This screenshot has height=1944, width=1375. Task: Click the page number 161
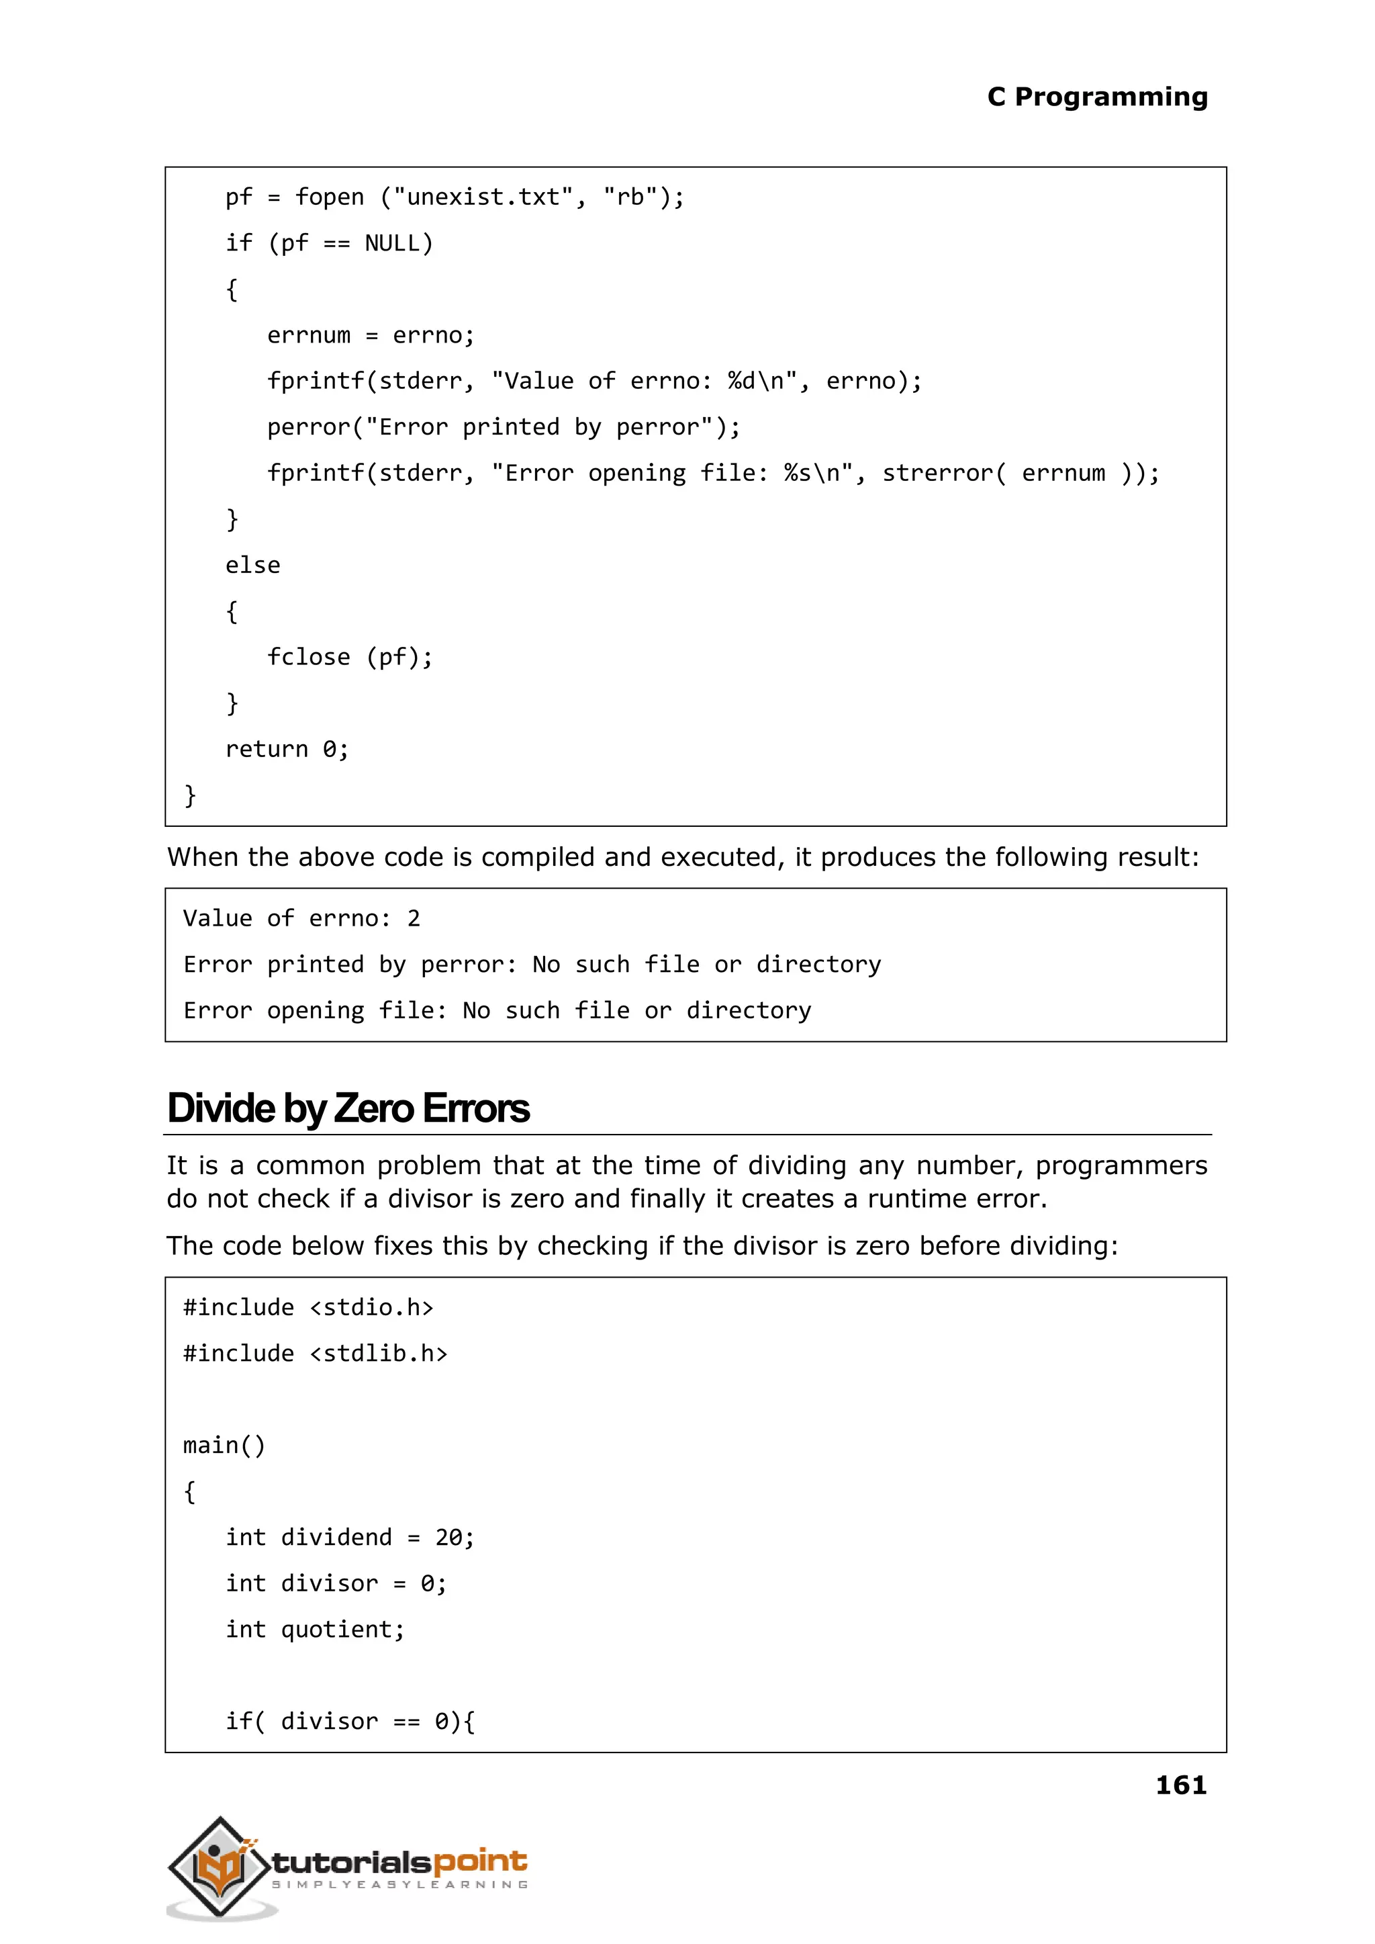point(1180,1785)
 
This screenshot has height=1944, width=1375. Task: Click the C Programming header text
point(1097,97)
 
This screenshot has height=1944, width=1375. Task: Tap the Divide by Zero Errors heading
point(348,1109)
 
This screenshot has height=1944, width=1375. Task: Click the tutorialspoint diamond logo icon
point(220,1868)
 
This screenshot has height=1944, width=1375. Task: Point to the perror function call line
point(503,428)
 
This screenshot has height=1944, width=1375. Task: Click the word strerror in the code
point(938,474)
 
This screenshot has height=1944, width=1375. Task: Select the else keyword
point(252,566)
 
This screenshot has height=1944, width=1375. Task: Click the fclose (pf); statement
point(350,658)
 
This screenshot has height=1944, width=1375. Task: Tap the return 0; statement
point(286,750)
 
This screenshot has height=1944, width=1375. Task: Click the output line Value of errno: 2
point(301,919)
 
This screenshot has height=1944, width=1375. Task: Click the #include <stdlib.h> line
point(315,1354)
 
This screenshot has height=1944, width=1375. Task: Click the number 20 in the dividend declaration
point(448,1538)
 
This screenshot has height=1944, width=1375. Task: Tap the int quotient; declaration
point(315,1630)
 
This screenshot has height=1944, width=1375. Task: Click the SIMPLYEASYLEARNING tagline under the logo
point(399,1886)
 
